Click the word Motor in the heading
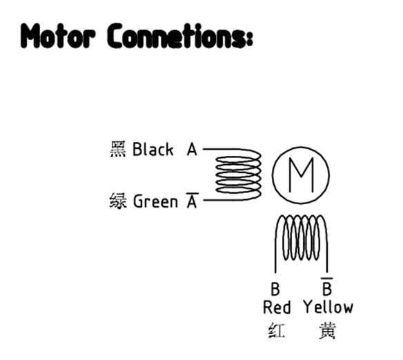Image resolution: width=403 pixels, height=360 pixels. point(59,36)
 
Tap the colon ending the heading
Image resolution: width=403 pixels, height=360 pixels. point(249,39)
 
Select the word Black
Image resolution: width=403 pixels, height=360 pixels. point(153,149)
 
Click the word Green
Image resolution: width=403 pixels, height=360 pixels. point(155,201)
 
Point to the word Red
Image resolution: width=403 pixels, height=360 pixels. point(277,307)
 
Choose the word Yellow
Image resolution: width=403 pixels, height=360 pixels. point(328,307)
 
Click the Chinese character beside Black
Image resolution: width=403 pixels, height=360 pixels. point(118,149)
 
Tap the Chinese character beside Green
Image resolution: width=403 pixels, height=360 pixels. point(118,201)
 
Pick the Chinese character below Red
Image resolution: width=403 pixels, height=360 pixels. point(277,330)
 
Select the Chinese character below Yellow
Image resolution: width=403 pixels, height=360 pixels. point(327,331)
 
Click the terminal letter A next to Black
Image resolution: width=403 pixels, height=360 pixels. point(192,149)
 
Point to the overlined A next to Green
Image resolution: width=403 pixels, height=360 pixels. point(192,200)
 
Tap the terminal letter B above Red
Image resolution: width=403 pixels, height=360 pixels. point(275,289)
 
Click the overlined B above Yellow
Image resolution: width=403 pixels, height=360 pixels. point(327,287)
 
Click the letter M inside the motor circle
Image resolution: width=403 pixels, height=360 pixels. point(302,175)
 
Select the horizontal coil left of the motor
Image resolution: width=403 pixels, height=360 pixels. point(239,174)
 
